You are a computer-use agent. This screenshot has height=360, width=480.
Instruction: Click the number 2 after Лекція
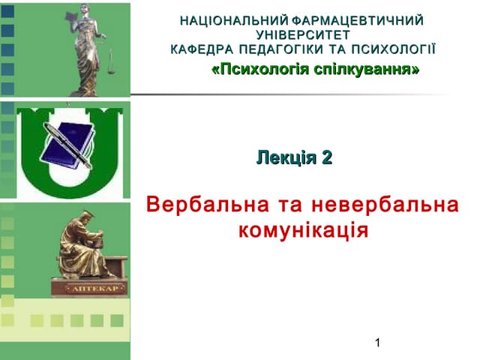pos(326,158)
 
